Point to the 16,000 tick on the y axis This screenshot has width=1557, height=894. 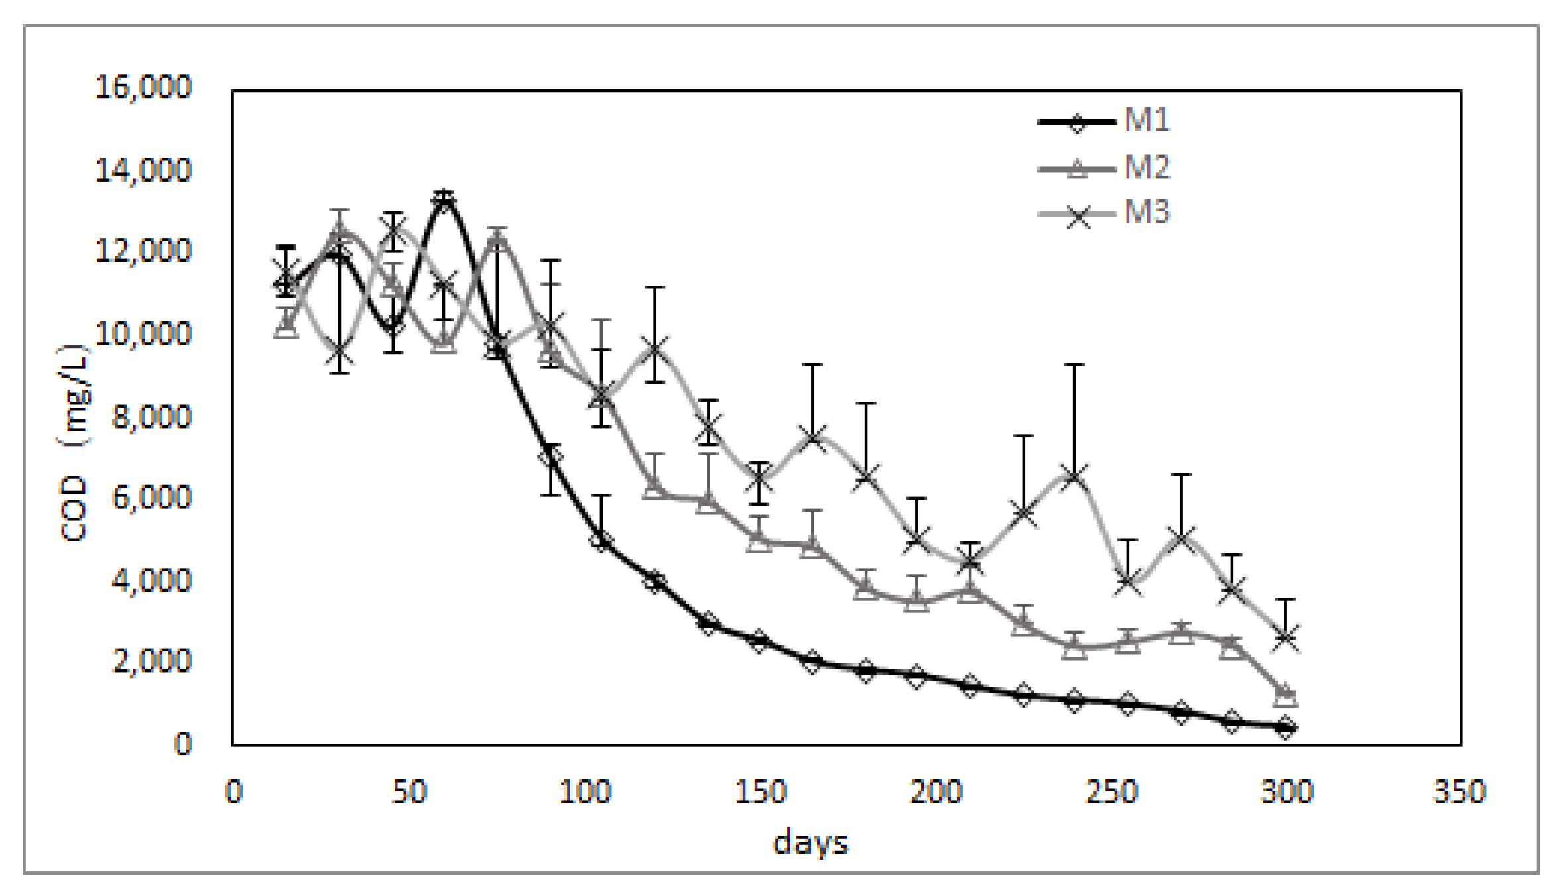click(143, 87)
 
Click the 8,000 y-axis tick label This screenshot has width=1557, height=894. click(151, 418)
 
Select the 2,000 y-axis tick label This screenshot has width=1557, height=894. click(151, 661)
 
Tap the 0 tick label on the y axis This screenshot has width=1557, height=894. click(182, 744)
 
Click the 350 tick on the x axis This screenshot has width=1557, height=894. click(1459, 792)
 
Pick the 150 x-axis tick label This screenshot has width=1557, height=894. click(760, 792)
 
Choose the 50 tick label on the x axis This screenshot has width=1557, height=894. click(409, 792)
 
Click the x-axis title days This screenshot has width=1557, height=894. click(810, 844)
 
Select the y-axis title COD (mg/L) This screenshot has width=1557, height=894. click(74, 443)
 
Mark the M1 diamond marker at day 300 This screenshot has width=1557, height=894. click(1286, 728)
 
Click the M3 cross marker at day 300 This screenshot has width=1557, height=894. click(1286, 638)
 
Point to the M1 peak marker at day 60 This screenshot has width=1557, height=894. click(444, 199)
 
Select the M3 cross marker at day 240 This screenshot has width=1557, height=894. click(1074, 475)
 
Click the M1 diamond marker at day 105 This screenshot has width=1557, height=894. click(601, 540)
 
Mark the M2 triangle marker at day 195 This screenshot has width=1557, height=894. click(917, 601)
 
